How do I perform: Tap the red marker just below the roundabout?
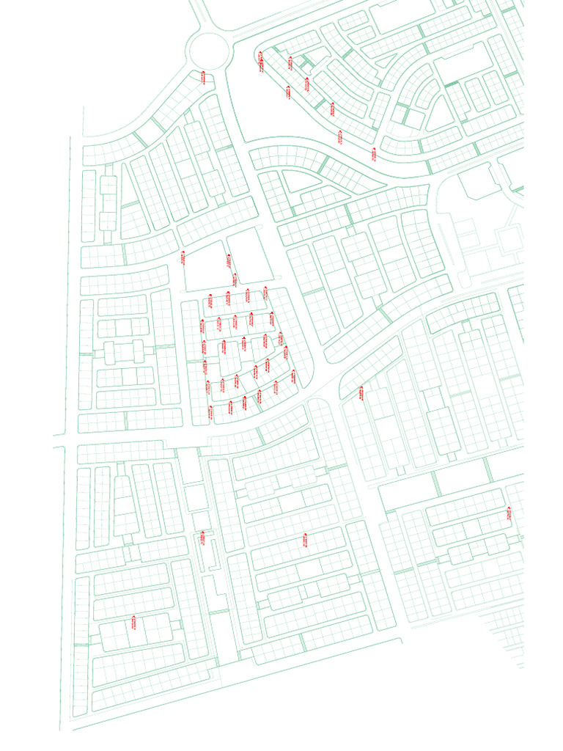point(203,76)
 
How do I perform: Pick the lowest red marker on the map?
point(133,623)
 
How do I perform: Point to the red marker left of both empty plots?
point(183,257)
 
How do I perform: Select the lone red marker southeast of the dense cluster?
point(361,393)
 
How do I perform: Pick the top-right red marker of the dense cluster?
point(265,293)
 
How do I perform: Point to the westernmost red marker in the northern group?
point(260,62)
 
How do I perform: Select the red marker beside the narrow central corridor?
point(199,540)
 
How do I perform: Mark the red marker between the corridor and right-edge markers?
point(305,541)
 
